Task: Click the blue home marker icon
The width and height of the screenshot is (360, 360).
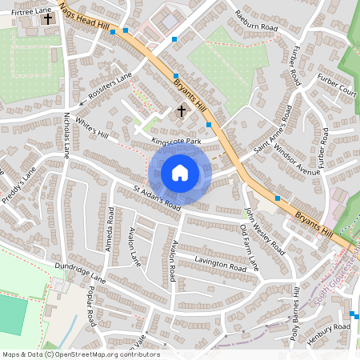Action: [x=180, y=173]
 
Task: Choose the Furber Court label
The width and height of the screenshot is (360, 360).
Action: [x=336, y=84]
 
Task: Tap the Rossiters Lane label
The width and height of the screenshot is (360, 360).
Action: [x=110, y=88]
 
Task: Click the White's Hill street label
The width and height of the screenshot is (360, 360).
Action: [x=91, y=128]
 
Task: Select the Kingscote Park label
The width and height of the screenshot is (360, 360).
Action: [x=174, y=141]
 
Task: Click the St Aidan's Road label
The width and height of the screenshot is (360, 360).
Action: [x=146, y=197]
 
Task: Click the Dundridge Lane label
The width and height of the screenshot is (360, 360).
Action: [x=80, y=273]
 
